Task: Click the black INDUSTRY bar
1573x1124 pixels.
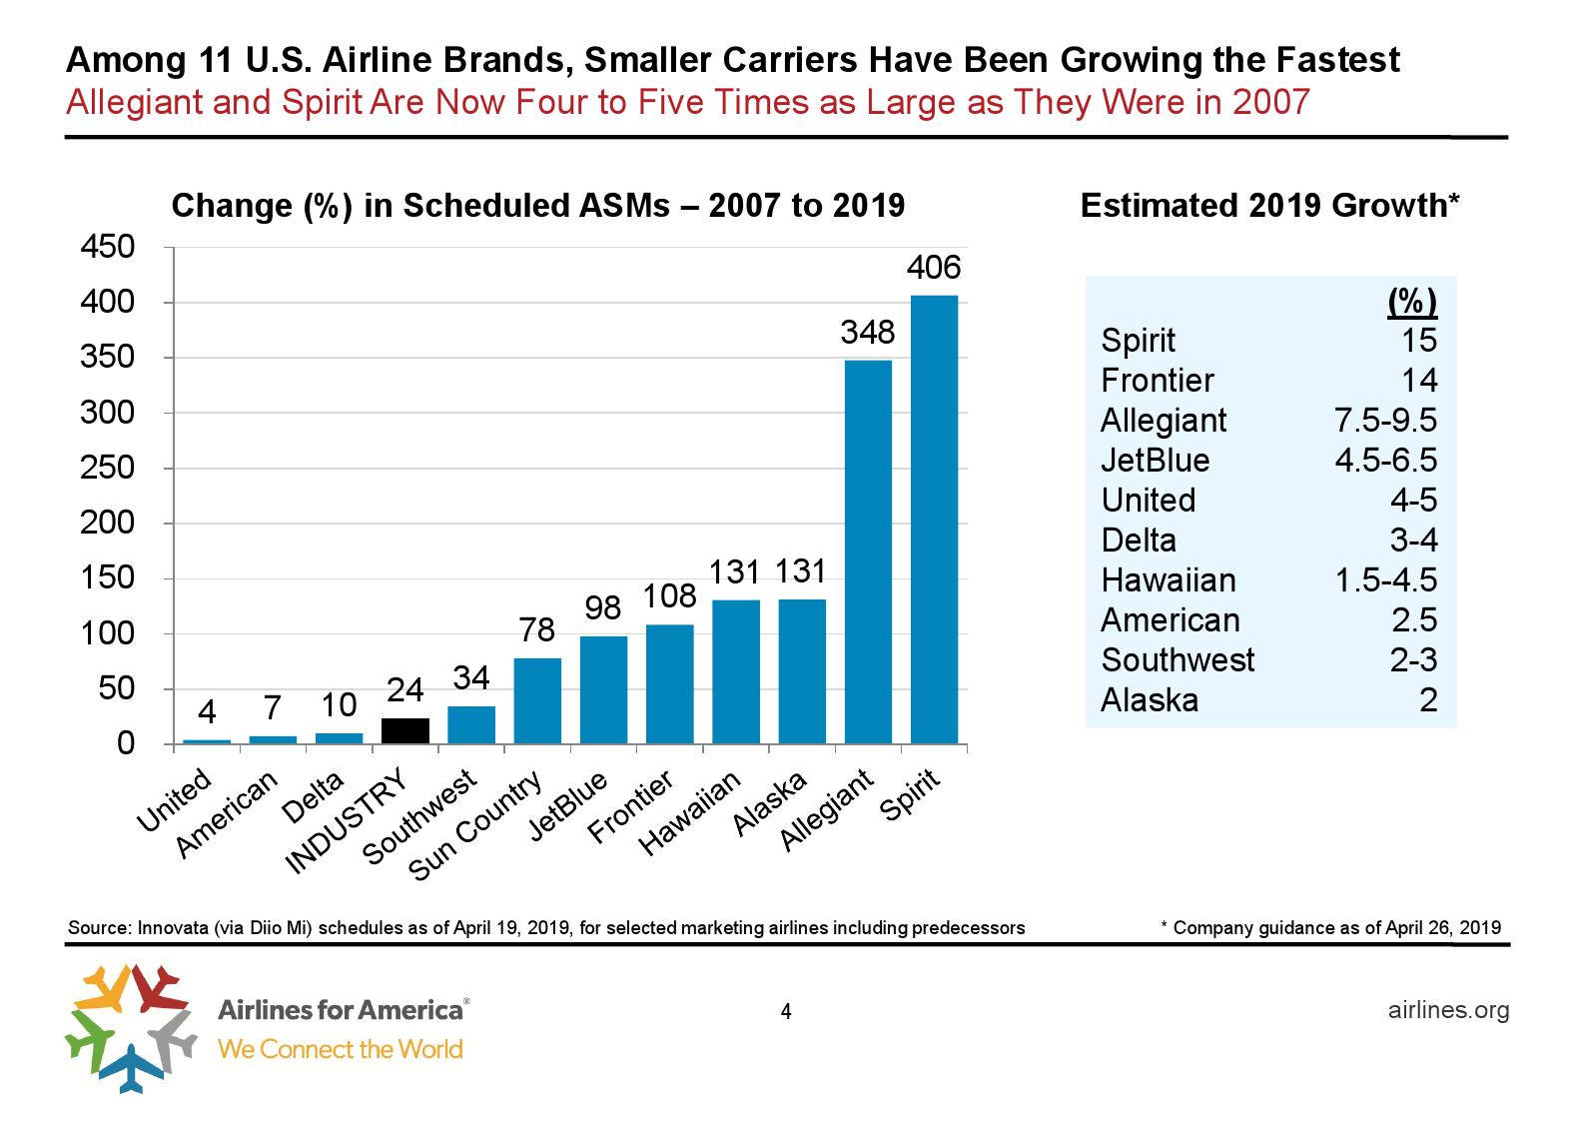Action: tap(405, 731)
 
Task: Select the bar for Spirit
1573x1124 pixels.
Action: tap(934, 520)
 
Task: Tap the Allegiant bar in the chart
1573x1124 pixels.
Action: tap(868, 552)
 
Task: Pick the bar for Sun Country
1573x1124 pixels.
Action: tap(537, 701)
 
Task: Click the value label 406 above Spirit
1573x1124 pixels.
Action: tap(934, 268)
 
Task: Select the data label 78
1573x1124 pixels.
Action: tap(537, 630)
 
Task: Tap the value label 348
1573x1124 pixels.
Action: tap(867, 332)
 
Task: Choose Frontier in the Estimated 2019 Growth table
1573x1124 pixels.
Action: tap(1157, 381)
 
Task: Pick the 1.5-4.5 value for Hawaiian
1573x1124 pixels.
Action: tap(1385, 580)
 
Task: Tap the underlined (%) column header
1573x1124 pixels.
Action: tap(1411, 302)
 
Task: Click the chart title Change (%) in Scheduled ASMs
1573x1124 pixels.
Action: tap(538, 205)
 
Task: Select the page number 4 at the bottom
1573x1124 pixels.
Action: tap(786, 1012)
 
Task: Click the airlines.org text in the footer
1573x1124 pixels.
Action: tap(1448, 1010)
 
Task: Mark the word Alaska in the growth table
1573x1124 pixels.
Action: tap(1149, 700)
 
